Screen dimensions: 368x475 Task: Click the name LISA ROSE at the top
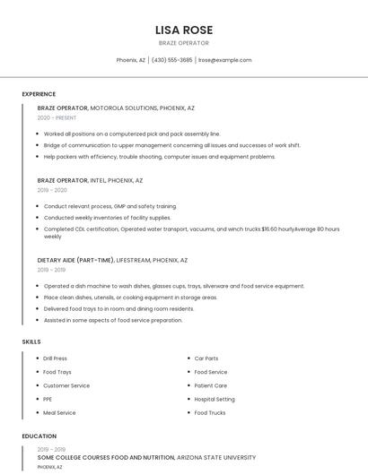point(184,29)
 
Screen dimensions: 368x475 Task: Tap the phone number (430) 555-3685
point(172,60)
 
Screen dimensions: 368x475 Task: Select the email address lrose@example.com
point(225,60)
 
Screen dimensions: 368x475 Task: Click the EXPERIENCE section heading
point(39,94)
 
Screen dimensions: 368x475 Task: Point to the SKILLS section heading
point(31,341)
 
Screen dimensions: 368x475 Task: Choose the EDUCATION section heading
point(39,436)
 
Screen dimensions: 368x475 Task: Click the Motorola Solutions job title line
point(116,108)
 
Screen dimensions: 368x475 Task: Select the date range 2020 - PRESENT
point(57,117)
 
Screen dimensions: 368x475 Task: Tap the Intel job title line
point(90,180)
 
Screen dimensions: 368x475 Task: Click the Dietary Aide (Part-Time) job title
point(112,260)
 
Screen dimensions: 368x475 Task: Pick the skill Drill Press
point(55,358)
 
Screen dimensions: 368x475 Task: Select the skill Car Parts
point(206,358)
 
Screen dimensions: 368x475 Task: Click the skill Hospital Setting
point(215,399)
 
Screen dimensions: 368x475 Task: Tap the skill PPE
point(48,399)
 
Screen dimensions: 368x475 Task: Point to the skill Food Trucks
point(210,412)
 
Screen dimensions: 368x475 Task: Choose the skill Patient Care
point(211,385)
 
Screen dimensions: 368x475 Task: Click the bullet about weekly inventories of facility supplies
point(107,218)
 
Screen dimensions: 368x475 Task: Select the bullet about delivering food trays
point(118,308)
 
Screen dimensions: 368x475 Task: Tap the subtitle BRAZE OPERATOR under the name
point(184,43)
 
